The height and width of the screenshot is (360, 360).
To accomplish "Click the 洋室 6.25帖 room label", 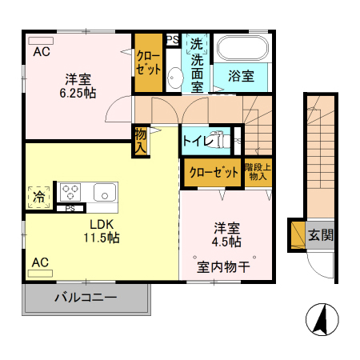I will point(78,86).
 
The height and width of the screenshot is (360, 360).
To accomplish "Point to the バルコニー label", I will point(86,298).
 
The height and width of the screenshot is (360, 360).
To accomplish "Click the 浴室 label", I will point(241,77).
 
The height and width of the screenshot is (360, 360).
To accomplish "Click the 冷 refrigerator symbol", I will point(38,194).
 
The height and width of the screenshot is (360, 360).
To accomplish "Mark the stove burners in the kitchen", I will point(70,193).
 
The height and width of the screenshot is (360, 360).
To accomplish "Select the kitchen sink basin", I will point(105,192).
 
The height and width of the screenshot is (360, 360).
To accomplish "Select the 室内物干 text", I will point(224,266).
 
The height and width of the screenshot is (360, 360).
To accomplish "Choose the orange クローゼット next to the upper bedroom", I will point(147,62).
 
